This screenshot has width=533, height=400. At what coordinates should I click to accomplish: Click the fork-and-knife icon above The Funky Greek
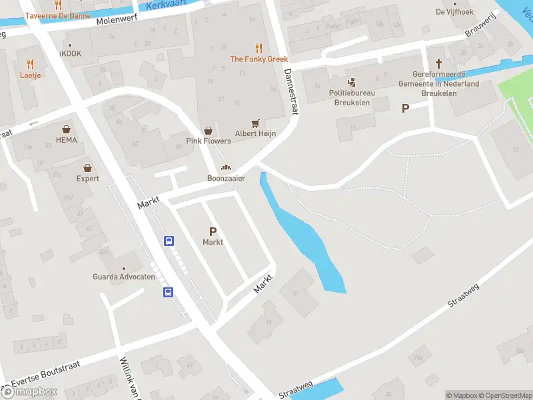pos(259,48)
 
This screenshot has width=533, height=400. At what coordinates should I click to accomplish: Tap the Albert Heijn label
pos(255,133)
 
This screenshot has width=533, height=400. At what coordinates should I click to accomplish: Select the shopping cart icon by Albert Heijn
pos(255,123)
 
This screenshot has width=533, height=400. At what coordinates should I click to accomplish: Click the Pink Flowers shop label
pos(209,141)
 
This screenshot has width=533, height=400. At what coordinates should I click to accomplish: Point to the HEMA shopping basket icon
pos(67,129)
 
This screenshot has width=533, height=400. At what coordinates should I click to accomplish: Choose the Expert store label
pos(87,179)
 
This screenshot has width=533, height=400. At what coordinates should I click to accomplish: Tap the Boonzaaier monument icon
pos(226,167)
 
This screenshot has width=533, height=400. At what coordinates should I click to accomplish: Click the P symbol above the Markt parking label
pos(213,231)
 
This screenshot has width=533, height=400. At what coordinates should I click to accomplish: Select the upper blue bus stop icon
pos(169,241)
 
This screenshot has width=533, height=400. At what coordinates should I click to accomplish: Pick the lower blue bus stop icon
pos(169,291)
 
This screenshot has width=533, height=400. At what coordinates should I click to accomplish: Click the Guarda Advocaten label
pos(124,277)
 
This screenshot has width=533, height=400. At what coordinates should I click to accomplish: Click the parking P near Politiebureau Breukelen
pos(405,108)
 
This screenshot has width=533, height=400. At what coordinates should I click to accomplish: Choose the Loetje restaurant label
pos(31,75)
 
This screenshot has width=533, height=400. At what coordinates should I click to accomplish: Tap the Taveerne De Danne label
pos(59,14)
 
